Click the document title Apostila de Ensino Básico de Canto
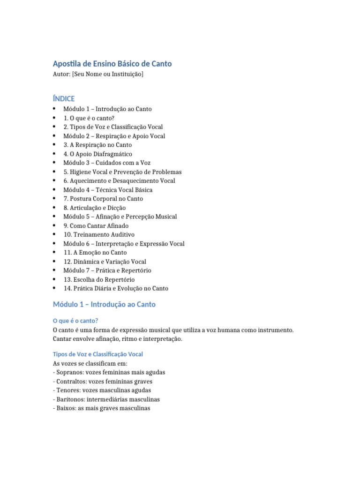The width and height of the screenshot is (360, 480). [x=112, y=63]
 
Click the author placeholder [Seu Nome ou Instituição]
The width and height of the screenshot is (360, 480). [x=108, y=75]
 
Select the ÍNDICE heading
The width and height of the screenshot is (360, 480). [x=64, y=98]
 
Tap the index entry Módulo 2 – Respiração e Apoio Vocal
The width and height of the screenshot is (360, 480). [x=114, y=136]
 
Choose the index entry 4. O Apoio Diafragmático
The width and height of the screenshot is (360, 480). [x=97, y=154]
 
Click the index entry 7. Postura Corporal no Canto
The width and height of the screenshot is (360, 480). [x=103, y=199]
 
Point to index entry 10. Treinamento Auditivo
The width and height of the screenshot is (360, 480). [x=99, y=234]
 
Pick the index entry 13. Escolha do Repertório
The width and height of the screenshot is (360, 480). [x=99, y=279]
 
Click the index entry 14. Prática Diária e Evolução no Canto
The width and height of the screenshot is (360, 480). [x=116, y=288]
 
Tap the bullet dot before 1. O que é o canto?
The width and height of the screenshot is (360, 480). [x=55, y=118]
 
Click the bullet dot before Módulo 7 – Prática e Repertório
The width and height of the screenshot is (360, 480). [x=55, y=270]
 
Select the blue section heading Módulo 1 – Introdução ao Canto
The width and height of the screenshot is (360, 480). [x=104, y=305]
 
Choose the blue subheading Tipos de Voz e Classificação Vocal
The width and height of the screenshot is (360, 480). [x=98, y=354]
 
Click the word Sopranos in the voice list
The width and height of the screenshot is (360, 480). [x=69, y=372]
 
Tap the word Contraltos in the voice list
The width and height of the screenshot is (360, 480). [x=70, y=381]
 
